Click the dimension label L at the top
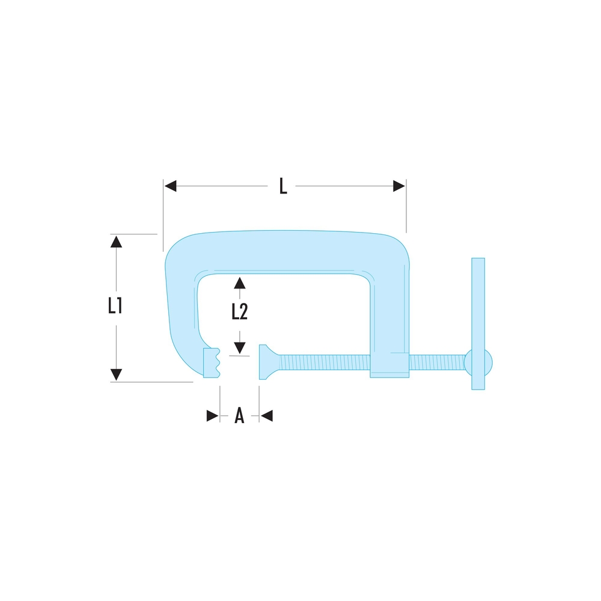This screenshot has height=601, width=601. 283,186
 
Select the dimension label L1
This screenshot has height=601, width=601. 115,307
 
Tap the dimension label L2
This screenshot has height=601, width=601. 240,311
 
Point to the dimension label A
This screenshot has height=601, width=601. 239,415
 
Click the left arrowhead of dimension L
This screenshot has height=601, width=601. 171,186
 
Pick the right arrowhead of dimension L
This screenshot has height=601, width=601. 398,186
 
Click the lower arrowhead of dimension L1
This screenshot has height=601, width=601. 117,374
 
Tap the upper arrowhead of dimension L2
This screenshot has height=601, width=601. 240,282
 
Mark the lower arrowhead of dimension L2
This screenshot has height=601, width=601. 240,347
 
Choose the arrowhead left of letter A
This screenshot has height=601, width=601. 212,415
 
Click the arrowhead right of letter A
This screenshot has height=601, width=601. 266,415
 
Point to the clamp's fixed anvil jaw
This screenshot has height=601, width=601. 212,362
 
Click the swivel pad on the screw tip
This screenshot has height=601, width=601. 266,362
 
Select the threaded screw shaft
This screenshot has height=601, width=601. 325,362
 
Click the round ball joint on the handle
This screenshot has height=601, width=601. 478,362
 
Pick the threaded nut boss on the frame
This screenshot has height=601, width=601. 389,365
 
